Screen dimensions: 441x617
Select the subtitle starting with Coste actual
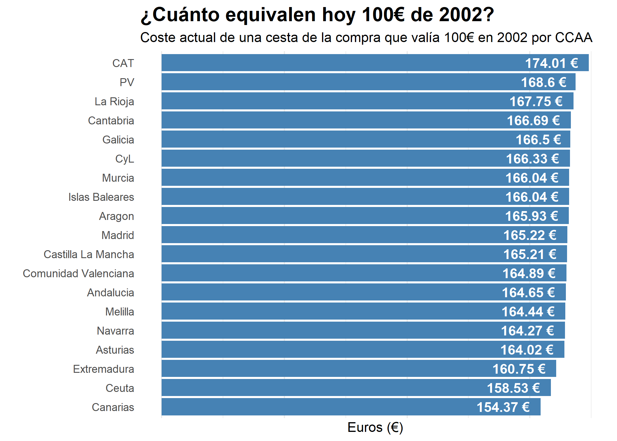[366, 38]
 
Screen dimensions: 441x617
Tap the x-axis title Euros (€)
[375, 427]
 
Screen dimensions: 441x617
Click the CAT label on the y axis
[123, 63]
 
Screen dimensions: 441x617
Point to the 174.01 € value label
[551, 63]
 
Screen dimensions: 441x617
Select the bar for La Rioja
[323, 101]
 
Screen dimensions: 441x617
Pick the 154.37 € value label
[503, 407]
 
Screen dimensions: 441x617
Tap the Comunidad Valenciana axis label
[78, 273]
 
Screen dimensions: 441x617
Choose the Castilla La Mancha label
[89, 254]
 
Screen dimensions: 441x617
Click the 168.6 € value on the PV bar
[544, 82]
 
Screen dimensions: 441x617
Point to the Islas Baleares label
[101, 197]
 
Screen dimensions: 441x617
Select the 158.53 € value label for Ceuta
[513, 388]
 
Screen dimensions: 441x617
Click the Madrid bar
[323, 235]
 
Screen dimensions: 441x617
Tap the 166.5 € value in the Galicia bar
[538, 140]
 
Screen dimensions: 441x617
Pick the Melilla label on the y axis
[120, 312]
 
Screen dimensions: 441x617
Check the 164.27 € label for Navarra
[527, 331]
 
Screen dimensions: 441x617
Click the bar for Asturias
[323, 350]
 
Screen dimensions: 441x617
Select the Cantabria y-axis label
[111, 121]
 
